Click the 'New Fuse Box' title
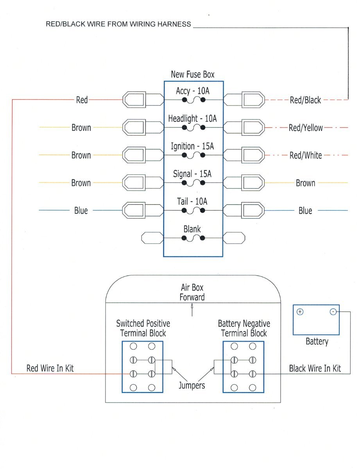193,74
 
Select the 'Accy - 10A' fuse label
193,91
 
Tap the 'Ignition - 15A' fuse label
193,147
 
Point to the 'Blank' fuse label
192,229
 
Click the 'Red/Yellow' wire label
306,128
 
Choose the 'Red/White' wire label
306,156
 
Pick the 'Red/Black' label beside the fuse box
305,100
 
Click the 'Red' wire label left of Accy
82,100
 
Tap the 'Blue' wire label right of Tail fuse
305,211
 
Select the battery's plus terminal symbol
300,312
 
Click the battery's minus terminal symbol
333,312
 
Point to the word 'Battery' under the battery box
317,342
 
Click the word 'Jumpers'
192,385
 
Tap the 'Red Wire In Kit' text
50,368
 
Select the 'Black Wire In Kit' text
315,368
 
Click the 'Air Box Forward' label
192,292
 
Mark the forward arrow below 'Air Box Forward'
192,311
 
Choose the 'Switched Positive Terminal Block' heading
143,328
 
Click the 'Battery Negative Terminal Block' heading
244,328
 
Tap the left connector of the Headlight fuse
134,128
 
